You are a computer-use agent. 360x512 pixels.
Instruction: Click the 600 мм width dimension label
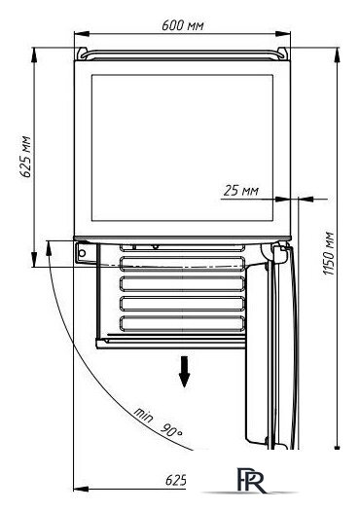coord(183,25)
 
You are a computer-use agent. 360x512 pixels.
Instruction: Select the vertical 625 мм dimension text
coord(26,157)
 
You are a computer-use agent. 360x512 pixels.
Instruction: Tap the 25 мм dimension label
coord(241,191)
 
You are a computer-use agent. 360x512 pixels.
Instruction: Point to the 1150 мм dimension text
coord(329,253)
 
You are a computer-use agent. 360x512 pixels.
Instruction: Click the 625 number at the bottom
coord(175,480)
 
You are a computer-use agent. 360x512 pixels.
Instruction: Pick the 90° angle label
coord(171,430)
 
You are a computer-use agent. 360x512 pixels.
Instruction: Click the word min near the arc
coord(143,415)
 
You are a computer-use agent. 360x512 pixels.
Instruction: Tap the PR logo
coord(251,480)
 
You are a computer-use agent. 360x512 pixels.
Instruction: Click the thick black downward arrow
coord(185,372)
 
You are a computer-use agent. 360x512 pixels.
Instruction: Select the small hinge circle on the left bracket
coord(83,253)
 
